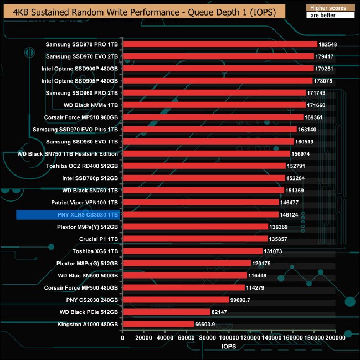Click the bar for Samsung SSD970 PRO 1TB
[x=219, y=44]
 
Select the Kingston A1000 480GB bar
[x=157, y=324]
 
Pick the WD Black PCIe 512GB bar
[x=166, y=312]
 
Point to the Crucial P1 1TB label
[x=95, y=239]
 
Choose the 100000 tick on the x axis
[x=228, y=337]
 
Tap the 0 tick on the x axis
[x=122, y=337]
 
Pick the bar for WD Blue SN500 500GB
[x=184, y=275]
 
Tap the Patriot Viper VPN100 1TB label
[x=85, y=202]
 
